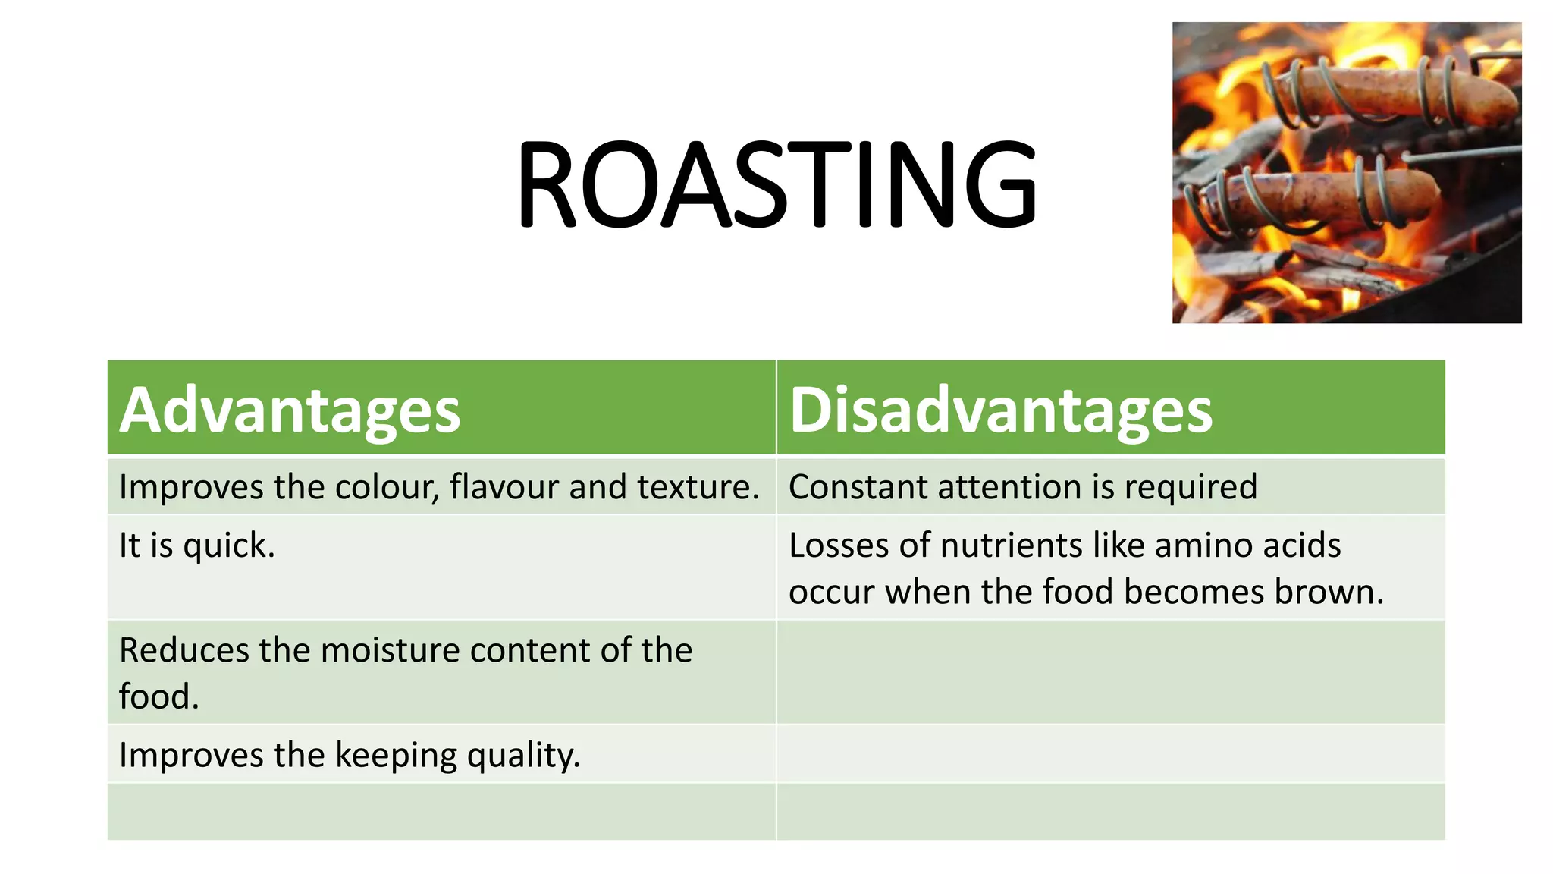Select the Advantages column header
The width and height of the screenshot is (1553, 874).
point(290,410)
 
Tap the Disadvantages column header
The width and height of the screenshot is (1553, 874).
point(1001,410)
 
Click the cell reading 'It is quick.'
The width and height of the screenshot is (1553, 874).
point(197,545)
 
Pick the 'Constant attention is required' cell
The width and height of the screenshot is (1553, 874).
point(1023,487)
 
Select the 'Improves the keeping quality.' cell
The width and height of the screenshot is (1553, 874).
point(350,755)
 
